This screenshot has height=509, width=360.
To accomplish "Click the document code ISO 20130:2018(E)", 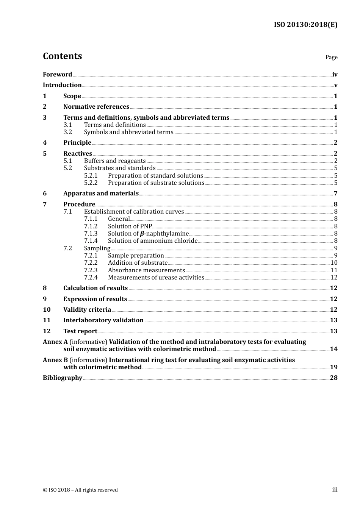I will coord(305,25).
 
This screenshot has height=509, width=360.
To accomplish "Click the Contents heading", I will coord(62,56).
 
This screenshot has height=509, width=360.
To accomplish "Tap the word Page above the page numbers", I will coord(331,57).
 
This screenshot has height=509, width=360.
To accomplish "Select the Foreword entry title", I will coord(57,74).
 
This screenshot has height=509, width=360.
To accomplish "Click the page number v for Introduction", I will coord(335,85).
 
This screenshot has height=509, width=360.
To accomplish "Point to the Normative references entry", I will coord(96,107).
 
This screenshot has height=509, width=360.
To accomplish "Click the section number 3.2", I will coord(67,132).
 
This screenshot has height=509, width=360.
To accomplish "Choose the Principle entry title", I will coord(77,143).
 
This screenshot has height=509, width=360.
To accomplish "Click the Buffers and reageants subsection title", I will coord(115,161).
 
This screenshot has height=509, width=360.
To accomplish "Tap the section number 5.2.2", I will coord(91,183).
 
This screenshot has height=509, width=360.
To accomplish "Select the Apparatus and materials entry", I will coord(101,194).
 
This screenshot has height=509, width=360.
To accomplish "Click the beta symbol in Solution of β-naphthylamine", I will coord(142,234).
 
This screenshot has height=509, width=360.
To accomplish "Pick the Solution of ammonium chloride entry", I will coord(153,241).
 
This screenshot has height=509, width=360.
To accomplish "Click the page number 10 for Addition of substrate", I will coord(333,263).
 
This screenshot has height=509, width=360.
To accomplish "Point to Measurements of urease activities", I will coord(156,278).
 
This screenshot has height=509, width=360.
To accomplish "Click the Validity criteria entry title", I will coord(87,310).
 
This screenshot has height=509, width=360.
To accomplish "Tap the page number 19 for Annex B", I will coord(333,367).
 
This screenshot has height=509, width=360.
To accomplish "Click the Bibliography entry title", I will coord(63,378).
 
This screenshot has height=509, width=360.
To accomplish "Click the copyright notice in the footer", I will coord(80,490).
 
